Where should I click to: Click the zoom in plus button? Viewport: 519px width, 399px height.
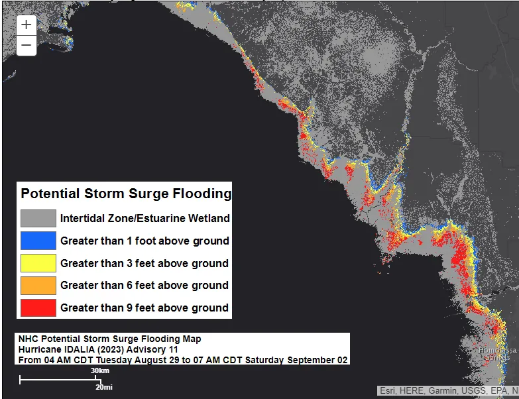point(26,25)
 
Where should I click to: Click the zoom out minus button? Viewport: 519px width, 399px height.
point(26,45)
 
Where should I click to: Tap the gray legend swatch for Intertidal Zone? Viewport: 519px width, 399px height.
point(38,218)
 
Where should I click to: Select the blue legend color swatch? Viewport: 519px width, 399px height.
point(38,241)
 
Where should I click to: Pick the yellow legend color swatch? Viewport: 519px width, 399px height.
point(38,263)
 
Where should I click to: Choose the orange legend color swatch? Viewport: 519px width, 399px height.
point(38,285)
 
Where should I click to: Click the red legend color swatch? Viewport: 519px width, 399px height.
point(38,308)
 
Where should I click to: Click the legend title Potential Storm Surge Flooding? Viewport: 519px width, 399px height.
point(126,194)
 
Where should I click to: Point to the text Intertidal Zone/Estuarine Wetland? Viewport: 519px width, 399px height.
point(144,218)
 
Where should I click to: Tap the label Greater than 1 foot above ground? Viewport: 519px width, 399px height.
point(144,241)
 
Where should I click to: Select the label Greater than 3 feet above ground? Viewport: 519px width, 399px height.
point(144,263)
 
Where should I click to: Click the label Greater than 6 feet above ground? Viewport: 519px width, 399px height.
point(144,285)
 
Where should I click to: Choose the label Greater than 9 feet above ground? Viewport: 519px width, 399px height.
point(144,308)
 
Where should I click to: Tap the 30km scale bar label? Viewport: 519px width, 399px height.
point(100,370)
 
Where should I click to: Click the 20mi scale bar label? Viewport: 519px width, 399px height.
point(103,386)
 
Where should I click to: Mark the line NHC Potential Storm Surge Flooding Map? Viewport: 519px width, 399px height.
point(109,339)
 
